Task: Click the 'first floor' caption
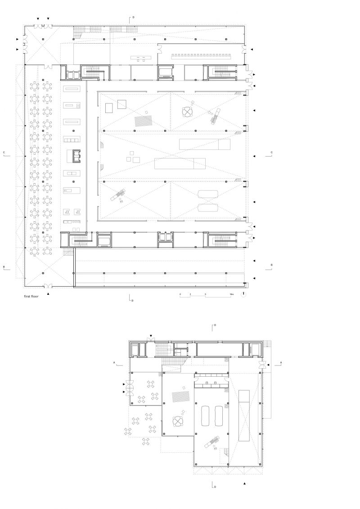coord(31,297)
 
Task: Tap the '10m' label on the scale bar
coord(231,294)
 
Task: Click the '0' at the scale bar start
coord(180,294)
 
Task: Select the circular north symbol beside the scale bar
coord(243,294)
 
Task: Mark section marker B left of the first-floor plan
coord(4,267)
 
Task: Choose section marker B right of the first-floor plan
coord(271,265)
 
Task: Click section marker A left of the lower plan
coord(115,362)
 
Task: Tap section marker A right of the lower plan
coord(281,362)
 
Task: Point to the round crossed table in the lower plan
coord(178,422)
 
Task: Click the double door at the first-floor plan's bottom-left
coord(47,285)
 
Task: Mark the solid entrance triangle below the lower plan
coord(244,483)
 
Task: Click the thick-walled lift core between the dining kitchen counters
coord(75,155)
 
